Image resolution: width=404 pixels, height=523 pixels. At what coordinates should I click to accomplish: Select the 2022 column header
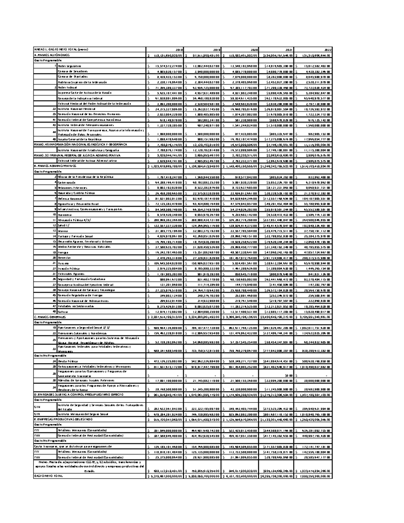point(327,50)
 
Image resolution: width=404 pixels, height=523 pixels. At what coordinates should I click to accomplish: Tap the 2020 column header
point(253,50)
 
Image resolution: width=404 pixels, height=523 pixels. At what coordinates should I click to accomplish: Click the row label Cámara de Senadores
point(72,71)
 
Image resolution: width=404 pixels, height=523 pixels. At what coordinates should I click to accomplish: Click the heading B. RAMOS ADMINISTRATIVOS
point(56,166)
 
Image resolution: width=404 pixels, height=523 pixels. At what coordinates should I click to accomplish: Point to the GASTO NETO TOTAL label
point(48,476)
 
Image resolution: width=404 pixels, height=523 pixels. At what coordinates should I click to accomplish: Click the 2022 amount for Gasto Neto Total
point(313,476)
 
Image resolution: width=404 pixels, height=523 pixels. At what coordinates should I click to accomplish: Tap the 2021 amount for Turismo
point(277,263)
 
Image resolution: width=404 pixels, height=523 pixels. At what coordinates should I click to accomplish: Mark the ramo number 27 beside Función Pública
point(54,268)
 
